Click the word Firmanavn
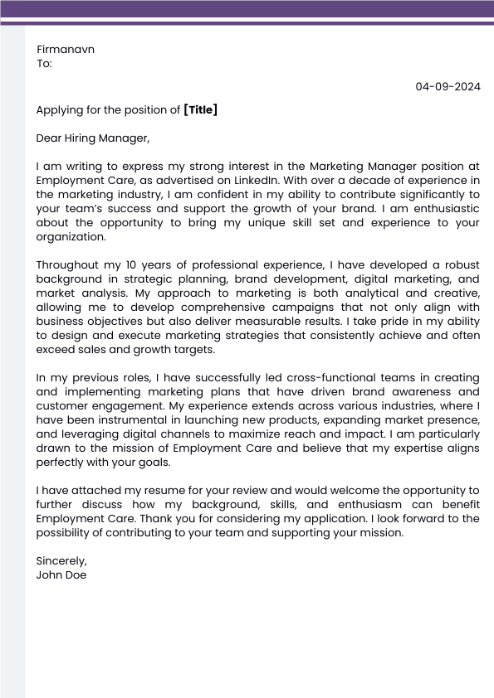pyautogui.click(x=66, y=49)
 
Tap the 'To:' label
pyautogui.click(x=44, y=63)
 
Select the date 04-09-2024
pyautogui.click(x=448, y=86)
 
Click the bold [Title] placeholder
pyautogui.click(x=200, y=109)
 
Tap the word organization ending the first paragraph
pyautogui.click(x=71, y=236)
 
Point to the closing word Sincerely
pyautogui.click(x=61, y=560)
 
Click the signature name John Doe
pyautogui.click(x=61, y=574)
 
